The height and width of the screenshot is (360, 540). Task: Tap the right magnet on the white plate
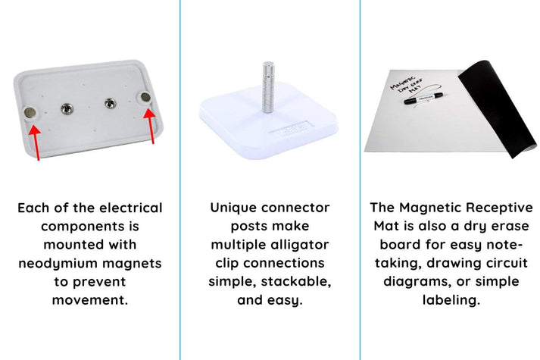(146, 97)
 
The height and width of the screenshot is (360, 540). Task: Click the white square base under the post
(269, 121)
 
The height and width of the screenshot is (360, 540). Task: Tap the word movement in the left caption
(90, 299)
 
